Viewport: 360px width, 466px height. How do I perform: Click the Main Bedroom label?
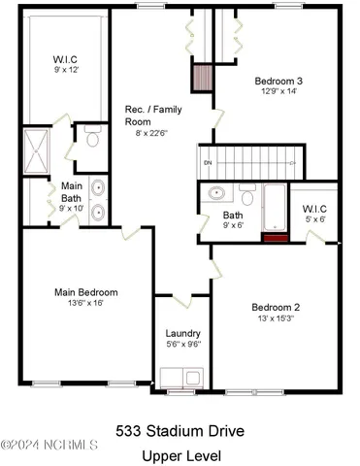click(85, 291)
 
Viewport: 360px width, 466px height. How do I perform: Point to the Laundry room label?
click(182, 333)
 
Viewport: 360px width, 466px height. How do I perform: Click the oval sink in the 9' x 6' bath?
click(213, 194)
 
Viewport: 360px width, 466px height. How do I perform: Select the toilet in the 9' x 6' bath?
click(247, 199)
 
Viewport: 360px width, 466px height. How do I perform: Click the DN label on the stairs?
click(207, 161)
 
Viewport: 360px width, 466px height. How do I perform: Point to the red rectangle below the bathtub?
click(277, 235)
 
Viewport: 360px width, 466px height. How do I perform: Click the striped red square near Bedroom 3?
click(202, 78)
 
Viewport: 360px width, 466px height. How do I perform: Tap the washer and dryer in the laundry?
click(182, 378)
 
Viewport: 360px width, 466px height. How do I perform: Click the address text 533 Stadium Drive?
click(180, 430)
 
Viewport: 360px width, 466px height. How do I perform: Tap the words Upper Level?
click(180, 454)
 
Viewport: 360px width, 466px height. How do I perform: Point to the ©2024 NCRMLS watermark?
click(49, 446)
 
